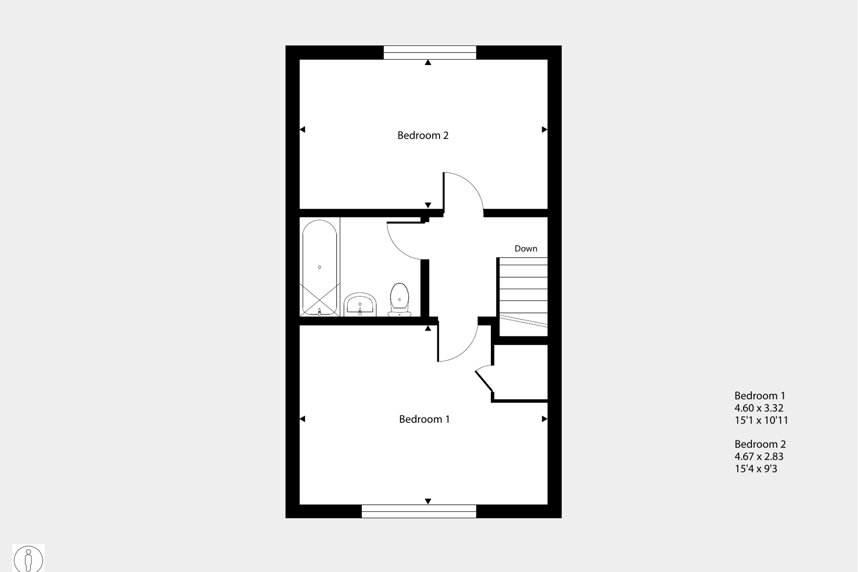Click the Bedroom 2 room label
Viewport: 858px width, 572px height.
pyautogui.click(x=423, y=135)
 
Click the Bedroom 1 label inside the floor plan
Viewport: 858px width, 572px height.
pyautogui.click(x=424, y=419)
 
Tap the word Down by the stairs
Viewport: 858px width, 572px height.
pyautogui.click(x=526, y=248)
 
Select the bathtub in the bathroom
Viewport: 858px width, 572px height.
pyautogui.click(x=319, y=267)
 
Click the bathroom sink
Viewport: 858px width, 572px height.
pyautogui.click(x=360, y=304)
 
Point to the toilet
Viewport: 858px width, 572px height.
pyautogui.click(x=399, y=300)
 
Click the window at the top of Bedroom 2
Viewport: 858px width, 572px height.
pyautogui.click(x=430, y=52)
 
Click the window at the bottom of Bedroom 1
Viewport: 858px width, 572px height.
pyautogui.click(x=419, y=511)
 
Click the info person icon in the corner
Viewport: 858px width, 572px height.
pyautogui.click(x=28, y=559)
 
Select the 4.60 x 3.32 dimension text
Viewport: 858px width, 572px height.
pyautogui.click(x=759, y=408)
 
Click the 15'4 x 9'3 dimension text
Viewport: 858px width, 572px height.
pyautogui.click(x=755, y=469)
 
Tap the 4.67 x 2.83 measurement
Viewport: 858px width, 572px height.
pyautogui.click(x=759, y=456)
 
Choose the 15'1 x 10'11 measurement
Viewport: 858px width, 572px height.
pyautogui.click(x=761, y=420)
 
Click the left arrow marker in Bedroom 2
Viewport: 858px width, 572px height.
pyautogui.click(x=303, y=130)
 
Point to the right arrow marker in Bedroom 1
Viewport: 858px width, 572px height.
pyautogui.click(x=544, y=419)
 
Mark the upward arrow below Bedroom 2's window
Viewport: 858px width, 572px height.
pyautogui.click(x=428, y=63)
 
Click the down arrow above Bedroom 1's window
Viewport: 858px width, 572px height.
pyautogui.click(x=428, y=501)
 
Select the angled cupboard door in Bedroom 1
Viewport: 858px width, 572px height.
pyautogui.click(x=484, y=381)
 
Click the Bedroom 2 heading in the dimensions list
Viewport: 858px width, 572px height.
pyautogui.click(x=760, y=444)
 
